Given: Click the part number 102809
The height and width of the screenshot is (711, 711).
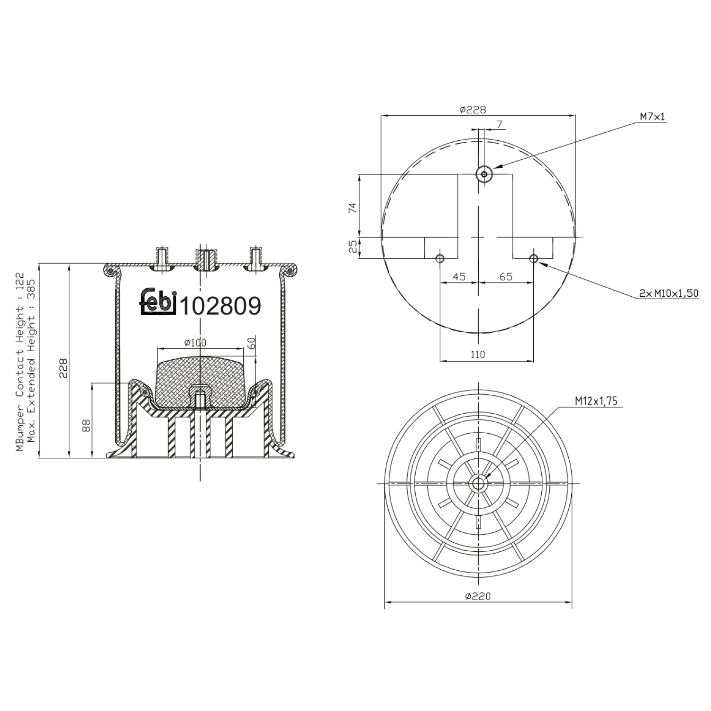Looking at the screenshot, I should [x=221, y=306].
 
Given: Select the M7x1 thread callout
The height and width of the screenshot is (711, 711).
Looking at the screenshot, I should [x=652, y=116].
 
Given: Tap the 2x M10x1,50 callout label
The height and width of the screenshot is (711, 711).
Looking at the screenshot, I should [x=668, y=294].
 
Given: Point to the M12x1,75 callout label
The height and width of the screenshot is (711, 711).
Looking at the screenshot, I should [x=596, y=401].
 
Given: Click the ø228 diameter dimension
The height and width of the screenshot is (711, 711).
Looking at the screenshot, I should [x=473, y=109].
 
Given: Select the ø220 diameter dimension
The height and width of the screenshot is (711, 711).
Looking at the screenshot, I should [x=477, y=596].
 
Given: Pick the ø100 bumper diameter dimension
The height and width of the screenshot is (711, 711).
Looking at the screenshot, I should [x=195, y=343].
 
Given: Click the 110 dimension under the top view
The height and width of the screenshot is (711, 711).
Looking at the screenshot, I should [x=478, y=355].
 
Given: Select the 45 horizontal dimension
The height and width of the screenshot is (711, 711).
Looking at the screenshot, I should [x=458, y=277].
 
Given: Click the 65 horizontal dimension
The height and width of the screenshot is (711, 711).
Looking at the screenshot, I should [x=506, y=277].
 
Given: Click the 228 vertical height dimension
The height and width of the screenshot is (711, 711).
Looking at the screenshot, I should [x=64, y=368].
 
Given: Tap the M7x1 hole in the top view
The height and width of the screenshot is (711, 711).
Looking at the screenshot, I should [x=484, y=174].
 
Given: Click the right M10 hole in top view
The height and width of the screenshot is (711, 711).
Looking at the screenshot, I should [x=534, y=258].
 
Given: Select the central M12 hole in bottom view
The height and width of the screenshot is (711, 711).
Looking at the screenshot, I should [x=478, y=484].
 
